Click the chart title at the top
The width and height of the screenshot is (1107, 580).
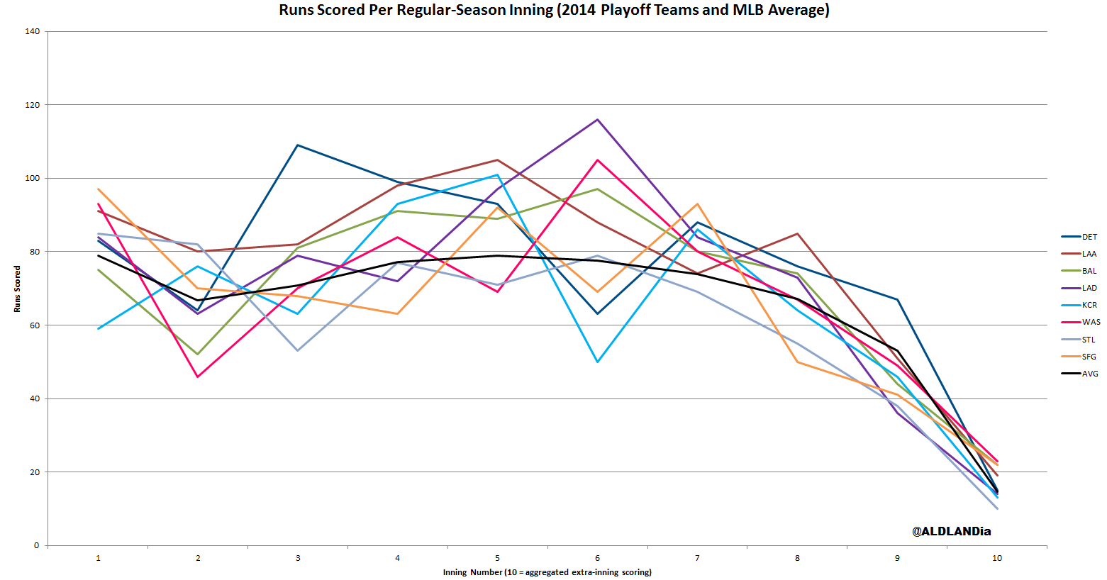(554, 10)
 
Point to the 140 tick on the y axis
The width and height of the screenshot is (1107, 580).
(32, 31)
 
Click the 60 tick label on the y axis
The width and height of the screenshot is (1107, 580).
(34, 325)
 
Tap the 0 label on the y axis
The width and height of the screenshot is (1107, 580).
(37, 545)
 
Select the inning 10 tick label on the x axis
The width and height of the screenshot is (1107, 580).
(997, 558)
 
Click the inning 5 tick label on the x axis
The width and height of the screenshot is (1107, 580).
(498, 558)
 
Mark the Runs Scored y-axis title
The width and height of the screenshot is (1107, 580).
(17, 289)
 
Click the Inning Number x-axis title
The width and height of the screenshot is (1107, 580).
(547, 572)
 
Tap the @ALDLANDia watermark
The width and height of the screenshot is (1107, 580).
(951, 531)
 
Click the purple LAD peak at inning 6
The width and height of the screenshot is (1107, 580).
(598, 120)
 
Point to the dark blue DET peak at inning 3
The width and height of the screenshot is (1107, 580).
(298, 145)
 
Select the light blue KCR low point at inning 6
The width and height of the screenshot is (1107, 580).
(598, 362)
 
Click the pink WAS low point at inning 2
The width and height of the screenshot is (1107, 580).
(198, 377)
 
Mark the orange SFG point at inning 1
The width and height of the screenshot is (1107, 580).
(99, 189)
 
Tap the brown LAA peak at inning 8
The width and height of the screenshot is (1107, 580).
(798, 234)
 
